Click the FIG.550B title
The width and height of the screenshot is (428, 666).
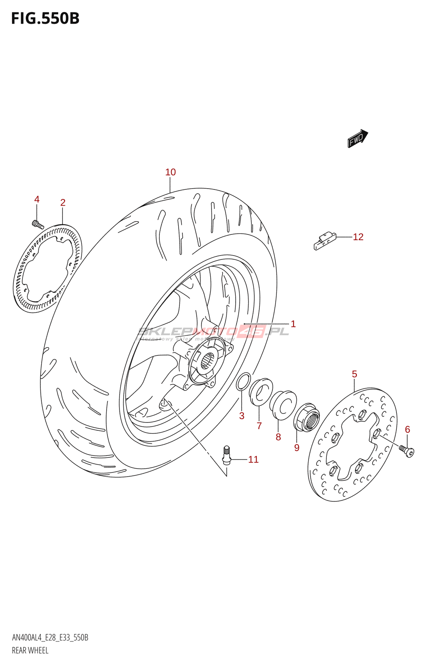pos(45,18)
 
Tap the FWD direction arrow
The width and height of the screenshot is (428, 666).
pos(358,139)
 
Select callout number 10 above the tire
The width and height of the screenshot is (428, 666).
pos(170,172)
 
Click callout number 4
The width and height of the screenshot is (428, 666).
pos(37,199)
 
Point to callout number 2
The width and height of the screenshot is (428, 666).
pos(62,202)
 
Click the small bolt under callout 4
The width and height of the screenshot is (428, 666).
pos(37,224)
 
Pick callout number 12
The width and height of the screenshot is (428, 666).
pos(358,237)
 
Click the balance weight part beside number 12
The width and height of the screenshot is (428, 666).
pos(324,241)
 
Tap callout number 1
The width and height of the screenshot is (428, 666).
pos(293,324)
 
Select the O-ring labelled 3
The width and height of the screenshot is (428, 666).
pos(243,382)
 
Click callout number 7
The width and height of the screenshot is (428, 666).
pos(259,426)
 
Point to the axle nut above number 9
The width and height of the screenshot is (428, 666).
pos(307,417)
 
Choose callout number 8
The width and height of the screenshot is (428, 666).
pos(278,437)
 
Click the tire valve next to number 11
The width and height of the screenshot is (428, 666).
pos(226,455)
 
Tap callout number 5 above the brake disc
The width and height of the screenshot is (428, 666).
pos(354,374)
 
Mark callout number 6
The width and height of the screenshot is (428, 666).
pos(407,429)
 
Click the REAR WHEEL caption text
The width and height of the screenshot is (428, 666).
pos(30,651)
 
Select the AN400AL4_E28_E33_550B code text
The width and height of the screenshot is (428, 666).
pos(50,638)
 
